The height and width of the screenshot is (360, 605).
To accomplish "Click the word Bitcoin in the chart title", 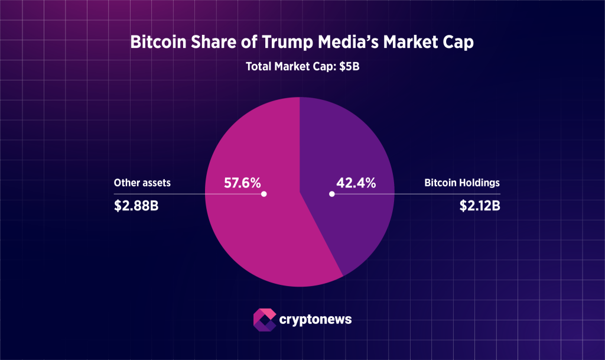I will pyautogui.click(x=155, y=44).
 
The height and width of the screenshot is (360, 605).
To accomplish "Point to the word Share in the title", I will pyautogui.click(x=211, y=44).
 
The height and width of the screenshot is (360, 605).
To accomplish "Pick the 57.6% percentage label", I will pyautogui.click(x=242, y=183).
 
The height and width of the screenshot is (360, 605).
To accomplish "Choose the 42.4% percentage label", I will pyautogui.click(x=356, y=183).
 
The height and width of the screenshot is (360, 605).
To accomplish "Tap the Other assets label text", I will pyautogui.click(x=142, y=183).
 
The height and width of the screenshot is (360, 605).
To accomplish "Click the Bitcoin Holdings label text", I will pyautogui.click(x=462, y=183).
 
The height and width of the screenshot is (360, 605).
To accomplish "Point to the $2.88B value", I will pyautogui.click(x=136, y=207).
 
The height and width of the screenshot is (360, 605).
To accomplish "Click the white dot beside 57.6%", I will pyautogui.click(x=264, y=194).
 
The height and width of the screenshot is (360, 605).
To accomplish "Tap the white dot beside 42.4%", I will pyautogui.click(x=332, y=194).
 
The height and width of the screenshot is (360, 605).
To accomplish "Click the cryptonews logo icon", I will pyautogui.click(x=264, y=319).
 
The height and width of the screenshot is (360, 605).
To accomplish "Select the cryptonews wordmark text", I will pyautogui.click(x=315, y=320).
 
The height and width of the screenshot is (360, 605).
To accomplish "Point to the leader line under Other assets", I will pyautogui.click(x=177, y=194).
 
